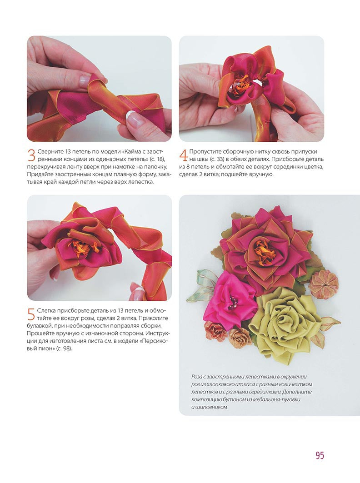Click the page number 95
tap(320, 455)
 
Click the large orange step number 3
tap(31, 155)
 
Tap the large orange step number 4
tap(183, 155)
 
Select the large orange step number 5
tap(31, 314)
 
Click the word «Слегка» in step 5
tap(46, 310)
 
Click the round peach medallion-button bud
tap(324, 282)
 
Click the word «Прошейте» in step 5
tap(40, 334)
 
